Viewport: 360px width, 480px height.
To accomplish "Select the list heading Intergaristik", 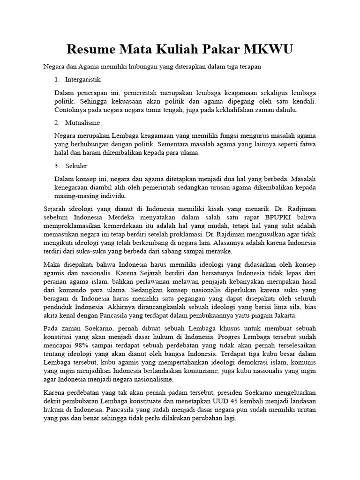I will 83,79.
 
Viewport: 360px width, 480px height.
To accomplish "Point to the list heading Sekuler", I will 76,166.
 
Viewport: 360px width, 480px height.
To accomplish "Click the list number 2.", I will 57,122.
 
